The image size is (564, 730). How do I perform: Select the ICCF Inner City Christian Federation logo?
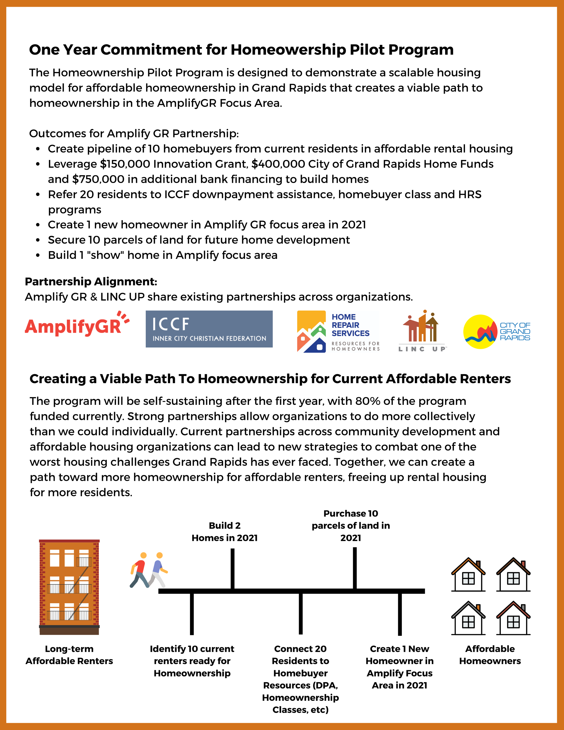209,329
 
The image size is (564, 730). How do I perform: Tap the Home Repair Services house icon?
311,331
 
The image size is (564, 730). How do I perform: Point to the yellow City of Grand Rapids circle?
480,331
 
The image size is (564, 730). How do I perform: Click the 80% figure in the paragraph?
367,401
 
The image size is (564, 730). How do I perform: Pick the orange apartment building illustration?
69,587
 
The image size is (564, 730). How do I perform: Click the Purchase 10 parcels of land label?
351,526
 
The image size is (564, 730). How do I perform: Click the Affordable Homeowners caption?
490,655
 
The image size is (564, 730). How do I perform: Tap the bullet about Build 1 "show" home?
162,255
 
